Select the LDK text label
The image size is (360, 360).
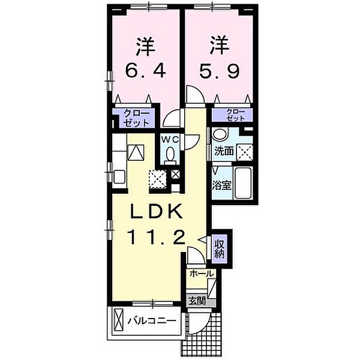click(157, 211)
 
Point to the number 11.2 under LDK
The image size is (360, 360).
click(157, 238)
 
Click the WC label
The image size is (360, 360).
click(170, 139)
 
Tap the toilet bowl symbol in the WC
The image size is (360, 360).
click(170, 155)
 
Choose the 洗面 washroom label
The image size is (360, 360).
click(224, 151)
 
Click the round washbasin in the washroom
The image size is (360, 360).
click(220, 134)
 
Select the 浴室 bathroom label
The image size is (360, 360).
click(221, 185)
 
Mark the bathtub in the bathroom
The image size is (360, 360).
click(243, 182)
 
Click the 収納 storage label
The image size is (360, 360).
click(220, 249)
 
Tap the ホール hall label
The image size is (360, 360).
click(202, 274)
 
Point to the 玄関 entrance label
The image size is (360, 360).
click(197, 301)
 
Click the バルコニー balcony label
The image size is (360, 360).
click(152, 321)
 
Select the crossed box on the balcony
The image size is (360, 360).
click(118, 320)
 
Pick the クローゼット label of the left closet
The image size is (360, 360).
click(136, 118)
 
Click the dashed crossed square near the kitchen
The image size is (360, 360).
click(157, 179)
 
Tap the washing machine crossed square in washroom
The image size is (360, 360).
click(245, 152)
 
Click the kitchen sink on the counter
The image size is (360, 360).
click(119, 177)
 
